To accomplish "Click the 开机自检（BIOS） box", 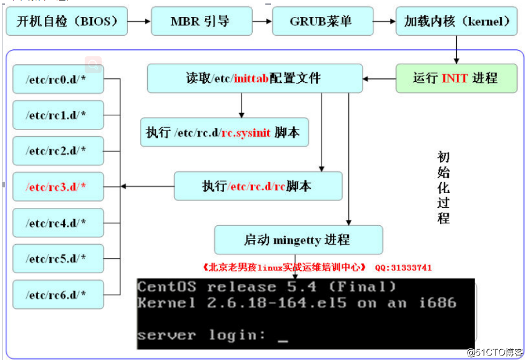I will pyautogui.click(x=66, y=22).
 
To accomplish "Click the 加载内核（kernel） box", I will pyautogui.click(x=457, y=22).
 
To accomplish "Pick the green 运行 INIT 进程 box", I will pyautogui.click(x=456, y=78).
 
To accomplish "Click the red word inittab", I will pyautogui.click(x=251, y=78).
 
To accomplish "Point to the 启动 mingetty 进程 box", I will pyautogui.click(x=298, y=240).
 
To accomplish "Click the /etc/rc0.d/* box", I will pyautogui.click(x=58, y=79).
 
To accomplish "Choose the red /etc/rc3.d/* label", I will pyautogui.click(x=56, y=186).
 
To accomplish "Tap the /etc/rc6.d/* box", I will pyautogui.click(x=58, y=294).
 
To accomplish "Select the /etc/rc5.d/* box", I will pyautogui.click(x=58, y=258).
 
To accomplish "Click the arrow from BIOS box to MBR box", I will pyautogui.click(x=139, y=22).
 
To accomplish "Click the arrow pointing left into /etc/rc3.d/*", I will pyautogui.click(x=148, y=186).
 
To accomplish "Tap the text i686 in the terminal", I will pyautogui.click(x=438, y=303).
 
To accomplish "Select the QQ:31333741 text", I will pyautogui.click(x=403, y=267).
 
